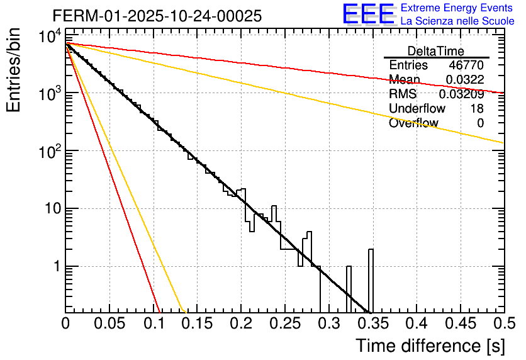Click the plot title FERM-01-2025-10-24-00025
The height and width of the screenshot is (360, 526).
coord(157,16)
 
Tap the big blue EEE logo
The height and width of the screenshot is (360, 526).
coord(368,14)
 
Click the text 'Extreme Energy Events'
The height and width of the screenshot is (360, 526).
coord(457,8)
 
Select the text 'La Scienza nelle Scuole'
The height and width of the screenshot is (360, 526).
coord(457,21)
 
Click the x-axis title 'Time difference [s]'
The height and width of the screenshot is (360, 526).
coord(429,346)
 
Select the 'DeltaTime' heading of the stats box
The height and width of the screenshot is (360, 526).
coord(436,51)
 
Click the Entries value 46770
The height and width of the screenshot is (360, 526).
coord(466,65)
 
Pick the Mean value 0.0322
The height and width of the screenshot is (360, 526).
coord(464,79)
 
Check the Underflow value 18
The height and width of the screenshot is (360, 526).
coord(477,109)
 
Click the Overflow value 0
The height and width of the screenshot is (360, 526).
coord(480,123)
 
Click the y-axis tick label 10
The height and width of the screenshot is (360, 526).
coord(52,209)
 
